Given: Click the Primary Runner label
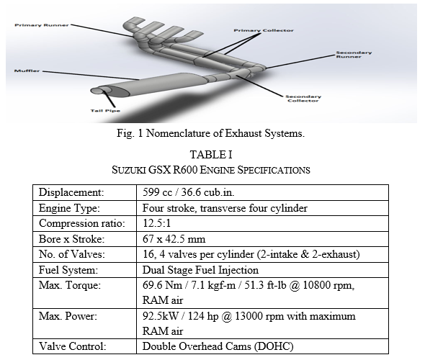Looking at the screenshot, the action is tap(42, 25).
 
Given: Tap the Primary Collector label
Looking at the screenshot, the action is tap(264, 30).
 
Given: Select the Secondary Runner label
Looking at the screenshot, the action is tap(354, 55).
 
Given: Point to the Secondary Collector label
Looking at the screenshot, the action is tap(303, 99).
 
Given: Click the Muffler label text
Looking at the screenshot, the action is tap(27, 71).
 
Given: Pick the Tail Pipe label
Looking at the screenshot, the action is tap(105, 110).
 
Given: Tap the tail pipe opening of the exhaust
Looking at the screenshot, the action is tap(97, 91).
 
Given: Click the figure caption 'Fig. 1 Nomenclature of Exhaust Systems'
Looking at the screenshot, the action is tap(210, 133).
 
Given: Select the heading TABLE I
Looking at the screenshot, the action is tap(211, 155).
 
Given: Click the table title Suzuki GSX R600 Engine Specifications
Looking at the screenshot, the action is tap(211, 170).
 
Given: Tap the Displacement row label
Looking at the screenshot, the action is tap(71, 192).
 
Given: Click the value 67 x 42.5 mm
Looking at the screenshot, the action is tap(174, 239).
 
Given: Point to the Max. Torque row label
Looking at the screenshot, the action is tap(70, 285).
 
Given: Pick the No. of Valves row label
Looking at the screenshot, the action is tap(72, 254).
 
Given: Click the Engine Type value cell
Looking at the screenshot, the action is tap(262, 208).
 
